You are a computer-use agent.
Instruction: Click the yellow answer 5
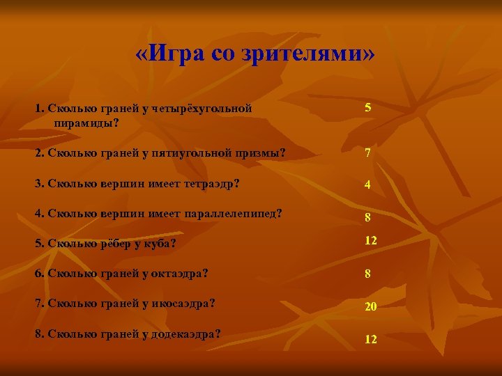click(367, 109)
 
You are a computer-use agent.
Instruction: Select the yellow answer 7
click(367, 153)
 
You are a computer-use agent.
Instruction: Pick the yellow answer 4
click(367, 185)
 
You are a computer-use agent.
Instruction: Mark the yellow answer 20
click(370, 306)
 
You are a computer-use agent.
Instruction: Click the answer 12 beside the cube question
click(371, 240)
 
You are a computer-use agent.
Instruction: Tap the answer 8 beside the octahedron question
click(367, 274)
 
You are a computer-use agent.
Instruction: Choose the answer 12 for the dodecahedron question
click(371, 339)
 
